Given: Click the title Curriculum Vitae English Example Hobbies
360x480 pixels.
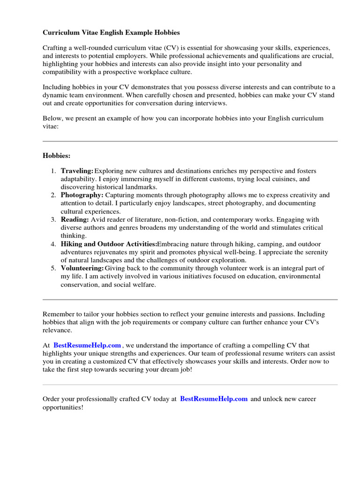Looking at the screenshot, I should (x=111, y=33).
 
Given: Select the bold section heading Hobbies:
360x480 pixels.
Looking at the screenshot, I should (x=56, y=155).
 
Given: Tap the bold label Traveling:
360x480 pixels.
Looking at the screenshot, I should (x=77, y=171).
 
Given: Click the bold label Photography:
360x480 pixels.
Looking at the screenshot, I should (x=82, y=195).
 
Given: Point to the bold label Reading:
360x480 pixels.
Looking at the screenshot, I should (x=75, y=219).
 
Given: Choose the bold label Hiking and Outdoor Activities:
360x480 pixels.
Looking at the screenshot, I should (x=109, y=244).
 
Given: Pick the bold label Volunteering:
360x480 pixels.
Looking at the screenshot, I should (x=82, y=268).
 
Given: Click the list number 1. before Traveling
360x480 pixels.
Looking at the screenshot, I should (x=54, y=171).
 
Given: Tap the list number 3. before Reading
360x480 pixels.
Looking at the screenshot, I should (x=54, y=219).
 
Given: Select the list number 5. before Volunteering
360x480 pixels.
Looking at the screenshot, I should (x=54, y=268).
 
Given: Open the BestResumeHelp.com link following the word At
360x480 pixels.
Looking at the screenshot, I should (x=87, y=345).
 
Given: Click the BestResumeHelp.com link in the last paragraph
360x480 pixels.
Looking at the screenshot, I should (x=214, y=399).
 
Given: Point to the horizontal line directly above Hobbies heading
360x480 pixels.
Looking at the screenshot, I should (x=190, y=141).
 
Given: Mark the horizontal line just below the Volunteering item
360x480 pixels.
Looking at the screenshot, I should (x=190, y=300).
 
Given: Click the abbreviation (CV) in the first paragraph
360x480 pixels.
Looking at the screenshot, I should (x=171, y=48).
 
